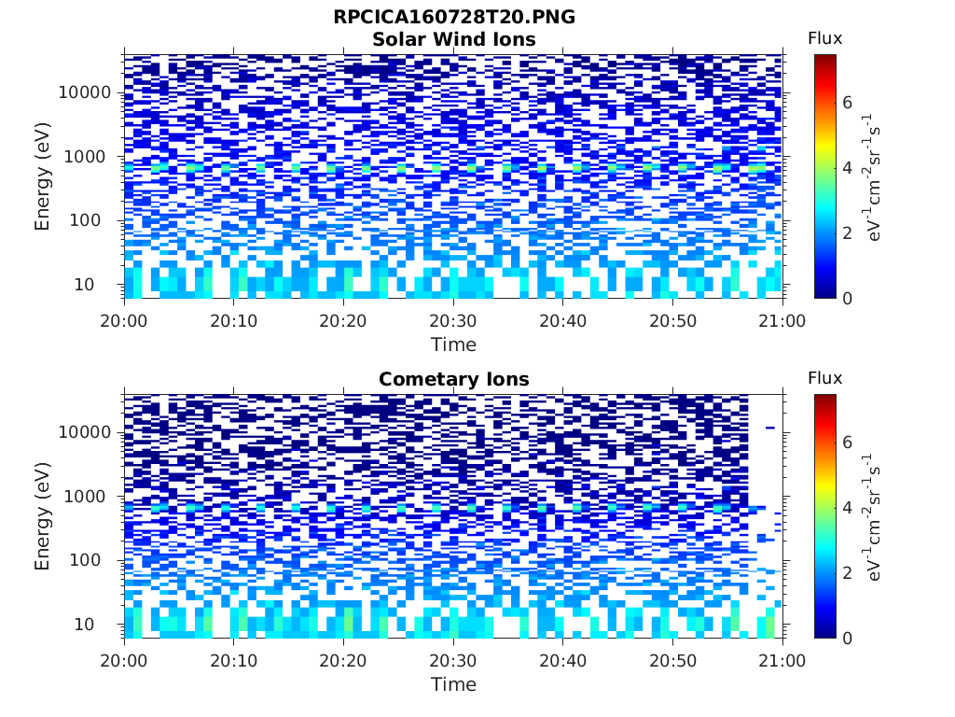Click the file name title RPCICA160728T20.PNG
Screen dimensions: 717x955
tap(454, 18)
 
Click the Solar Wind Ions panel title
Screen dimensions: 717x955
tap(454, 39)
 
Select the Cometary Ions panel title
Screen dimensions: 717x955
tap(454, 379)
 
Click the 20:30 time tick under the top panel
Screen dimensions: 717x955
tap(453, 320)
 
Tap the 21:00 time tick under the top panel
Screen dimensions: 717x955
tap(782, 320)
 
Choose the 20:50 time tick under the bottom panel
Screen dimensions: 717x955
tap(672, 660)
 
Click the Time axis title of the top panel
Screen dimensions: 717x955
tap(453, 344)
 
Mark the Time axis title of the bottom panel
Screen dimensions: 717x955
tap(453, 684)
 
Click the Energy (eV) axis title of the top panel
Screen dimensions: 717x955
tap(43, 176)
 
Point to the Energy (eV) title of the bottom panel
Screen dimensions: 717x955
tap(43, 515)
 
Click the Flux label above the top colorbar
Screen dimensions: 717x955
tap(824, 38)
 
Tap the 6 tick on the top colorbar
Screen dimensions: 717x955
tap(847, 103)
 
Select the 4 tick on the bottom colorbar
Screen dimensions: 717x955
tap(847, 508)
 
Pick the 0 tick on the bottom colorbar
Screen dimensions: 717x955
tap(847, 638)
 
